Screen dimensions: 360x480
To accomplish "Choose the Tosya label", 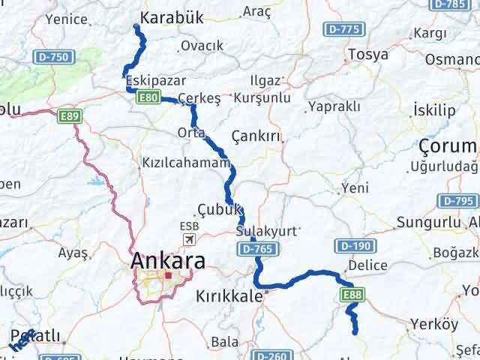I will tap(367, 55).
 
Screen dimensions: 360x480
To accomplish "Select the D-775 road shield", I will tap(346, 30).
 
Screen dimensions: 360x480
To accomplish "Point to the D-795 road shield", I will tap(458, 200).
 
